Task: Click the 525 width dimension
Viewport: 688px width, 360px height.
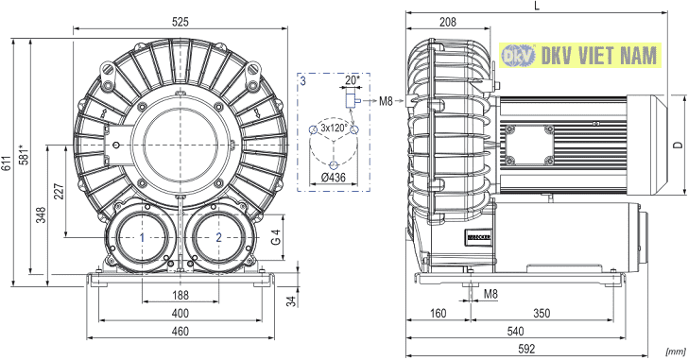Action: click(x=181, y=22)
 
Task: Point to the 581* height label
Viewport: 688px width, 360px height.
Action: click(x=24, y=154)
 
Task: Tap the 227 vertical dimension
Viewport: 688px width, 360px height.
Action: click(x=59, y=191)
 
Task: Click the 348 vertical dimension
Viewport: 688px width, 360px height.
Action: click(x=41, y=214)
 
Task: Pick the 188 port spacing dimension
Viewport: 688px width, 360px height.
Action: click(x=181, y=295)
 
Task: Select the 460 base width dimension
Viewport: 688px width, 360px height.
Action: click(x=181, y=331)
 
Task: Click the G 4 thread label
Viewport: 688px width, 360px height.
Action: click(x=276, y=237)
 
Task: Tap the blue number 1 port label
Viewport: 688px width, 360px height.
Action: click(x=142, y=238)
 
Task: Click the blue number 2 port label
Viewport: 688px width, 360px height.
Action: click(x=218, y=238)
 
